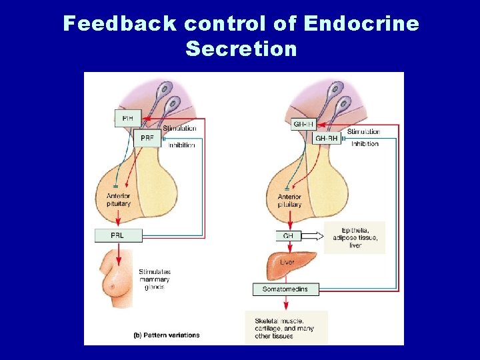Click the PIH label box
pyautogui.click(x=127, y=119)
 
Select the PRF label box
pyautogui.click(x=147, y=138)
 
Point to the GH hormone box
pyautogui.click(x=289, y=235)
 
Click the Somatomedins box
pyautogui.click(x=286, y=289)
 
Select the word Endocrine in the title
pyautogui.click(x=361, y=24)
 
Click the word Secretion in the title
pyautogui.click(x=241, y=49)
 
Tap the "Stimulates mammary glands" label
pyautogui.click(x=155, y=279)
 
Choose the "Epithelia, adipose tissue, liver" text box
pyautogui.click(x=355, y=237)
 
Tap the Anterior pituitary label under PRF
pyautogui.click(x=119, y=200)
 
